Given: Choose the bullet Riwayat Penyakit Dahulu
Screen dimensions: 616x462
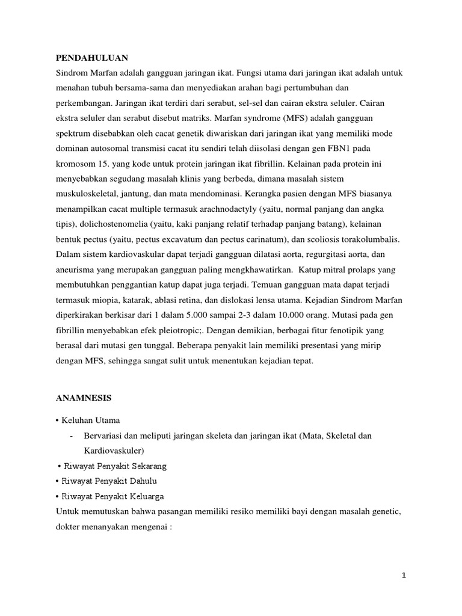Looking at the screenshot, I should coord(109,481).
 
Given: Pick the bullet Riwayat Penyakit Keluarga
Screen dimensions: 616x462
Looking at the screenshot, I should coord(112,496).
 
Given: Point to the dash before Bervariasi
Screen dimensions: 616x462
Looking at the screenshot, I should coord(72,435).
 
